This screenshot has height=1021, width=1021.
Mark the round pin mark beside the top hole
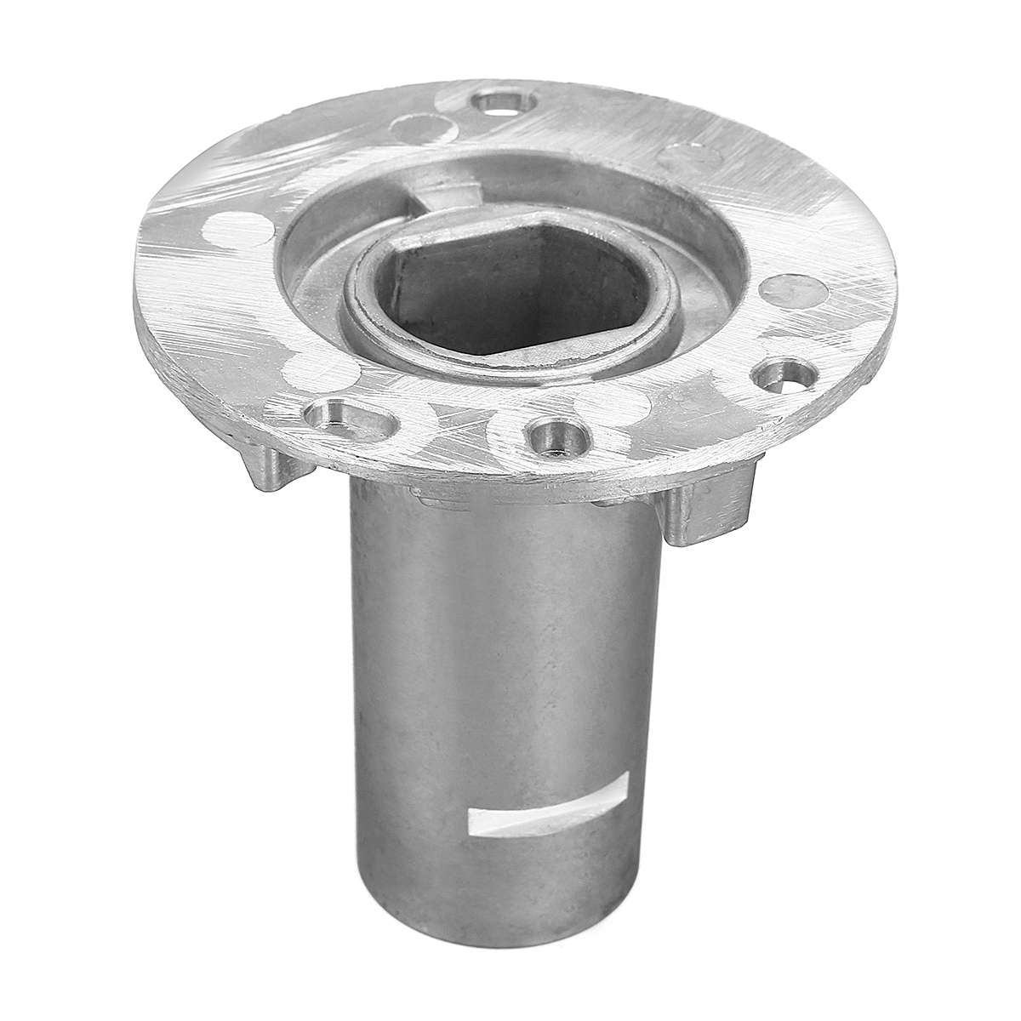tap(423, 130)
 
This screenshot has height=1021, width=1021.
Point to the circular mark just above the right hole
tap(787, 294)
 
